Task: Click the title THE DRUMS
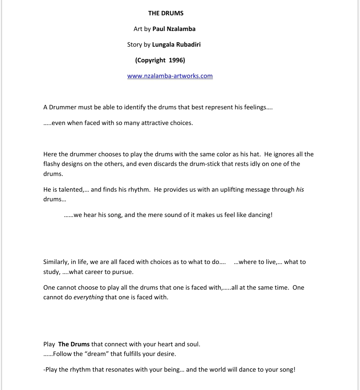tap(166, 13)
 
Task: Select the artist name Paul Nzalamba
tap(174, 29)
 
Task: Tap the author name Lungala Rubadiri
tap(176, 44)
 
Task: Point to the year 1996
tap(176, 60)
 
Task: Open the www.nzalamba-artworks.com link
tap(170, 76)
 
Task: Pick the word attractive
tap(155, 123)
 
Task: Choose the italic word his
tap(300, 190)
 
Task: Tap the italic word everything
tap(88, 297)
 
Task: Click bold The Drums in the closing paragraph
tap(74, 344)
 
